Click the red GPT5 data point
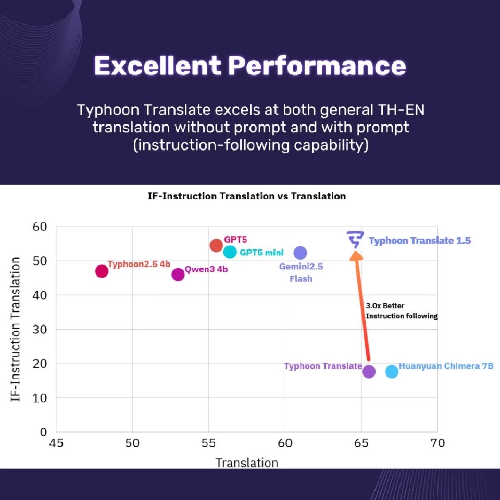216,245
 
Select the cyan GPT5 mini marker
230,252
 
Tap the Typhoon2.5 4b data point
102,271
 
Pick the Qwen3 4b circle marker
178,274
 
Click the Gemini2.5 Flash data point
300,253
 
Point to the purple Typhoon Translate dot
369,371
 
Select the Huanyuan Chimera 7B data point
392,371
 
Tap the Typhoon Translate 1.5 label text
419,241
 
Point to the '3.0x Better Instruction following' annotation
401,311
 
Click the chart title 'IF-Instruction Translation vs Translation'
247,196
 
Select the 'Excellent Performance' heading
250,66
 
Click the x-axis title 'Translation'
247,463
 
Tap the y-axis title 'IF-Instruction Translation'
16,329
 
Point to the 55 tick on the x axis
208,443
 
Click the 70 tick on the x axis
437,443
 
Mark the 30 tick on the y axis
40,329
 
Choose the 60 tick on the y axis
40,227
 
